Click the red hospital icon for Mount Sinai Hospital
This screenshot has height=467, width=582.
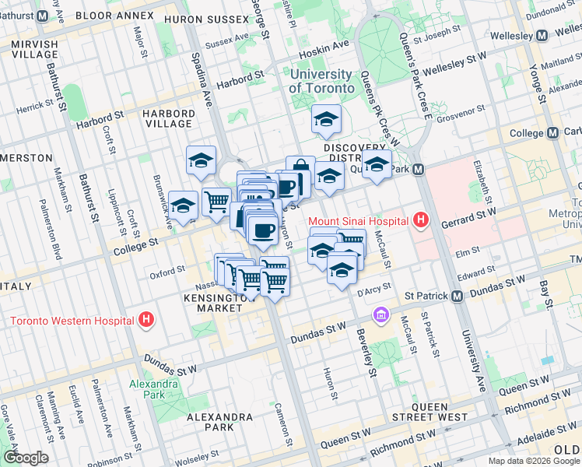pos(421,220)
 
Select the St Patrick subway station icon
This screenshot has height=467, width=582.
pos(457,297)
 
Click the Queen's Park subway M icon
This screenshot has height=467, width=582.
pos(418,169)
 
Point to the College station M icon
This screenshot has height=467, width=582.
pos(553,133)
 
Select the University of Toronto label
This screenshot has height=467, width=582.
pos(320,81)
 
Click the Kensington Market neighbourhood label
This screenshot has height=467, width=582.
pos(214,303)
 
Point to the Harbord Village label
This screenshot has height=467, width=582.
pos(167,118)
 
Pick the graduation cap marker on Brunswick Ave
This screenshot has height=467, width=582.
pos(183,206)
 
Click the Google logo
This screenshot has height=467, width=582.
pos(25,458)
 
